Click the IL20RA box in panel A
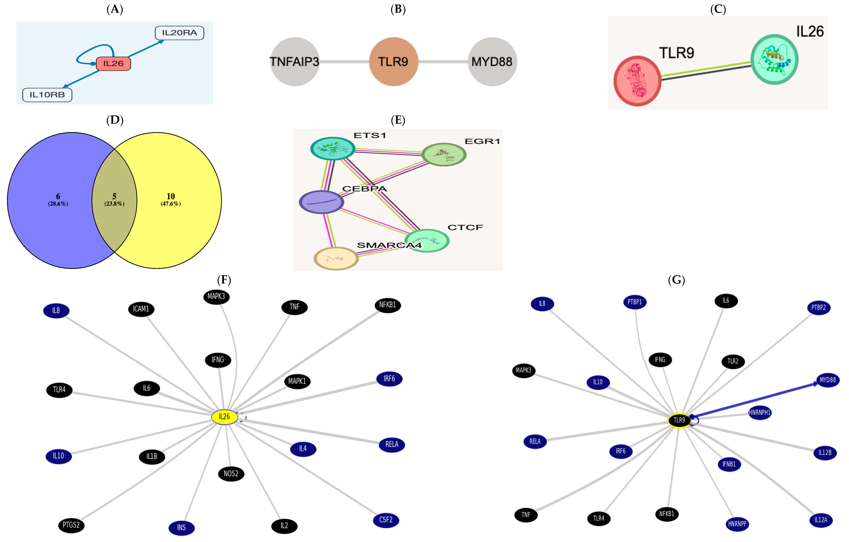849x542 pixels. (179, 33)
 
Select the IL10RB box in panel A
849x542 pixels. (47, 95)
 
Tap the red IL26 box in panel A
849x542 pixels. (113, 63)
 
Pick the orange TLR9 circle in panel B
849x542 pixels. (393, 62)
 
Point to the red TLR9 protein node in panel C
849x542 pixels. (637, 81)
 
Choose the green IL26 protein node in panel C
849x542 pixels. (774, 59)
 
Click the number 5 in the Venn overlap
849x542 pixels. (114, 196)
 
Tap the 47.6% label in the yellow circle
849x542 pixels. (171, 204)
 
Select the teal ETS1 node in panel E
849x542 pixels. (333, 148)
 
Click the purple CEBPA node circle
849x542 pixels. (321, 202)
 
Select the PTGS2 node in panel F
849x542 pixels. (71, 525)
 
